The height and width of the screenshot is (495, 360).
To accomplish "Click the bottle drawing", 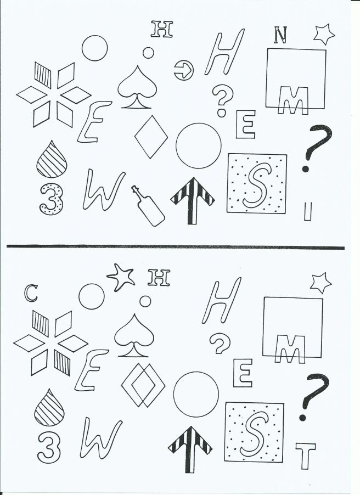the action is tap(148, 206).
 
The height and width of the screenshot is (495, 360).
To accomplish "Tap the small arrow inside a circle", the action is tap(184, 70).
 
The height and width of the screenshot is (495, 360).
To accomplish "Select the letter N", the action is tap(280, 35).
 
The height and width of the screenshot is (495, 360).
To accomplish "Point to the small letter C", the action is tap(31, 293).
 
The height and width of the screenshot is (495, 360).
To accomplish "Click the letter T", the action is tap(305, 455).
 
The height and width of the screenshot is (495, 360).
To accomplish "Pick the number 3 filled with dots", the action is tap(52, 200).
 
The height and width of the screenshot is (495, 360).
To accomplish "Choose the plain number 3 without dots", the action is tap(49, 448).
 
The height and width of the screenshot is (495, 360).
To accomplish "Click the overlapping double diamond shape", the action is tap(143, 385).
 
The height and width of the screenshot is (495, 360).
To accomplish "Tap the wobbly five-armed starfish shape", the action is tap(121, 277).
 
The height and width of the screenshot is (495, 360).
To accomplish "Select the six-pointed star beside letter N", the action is tap(324, 35).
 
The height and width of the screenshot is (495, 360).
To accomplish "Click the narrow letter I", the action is tap(307, 211).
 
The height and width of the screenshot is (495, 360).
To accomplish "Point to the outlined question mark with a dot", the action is tap(222, 100).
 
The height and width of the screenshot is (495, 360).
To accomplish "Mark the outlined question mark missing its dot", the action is tap(220, 344).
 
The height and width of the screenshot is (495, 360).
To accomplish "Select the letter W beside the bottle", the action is tap(104, 190).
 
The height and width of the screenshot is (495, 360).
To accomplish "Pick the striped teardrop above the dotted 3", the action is tap(52, 159).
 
